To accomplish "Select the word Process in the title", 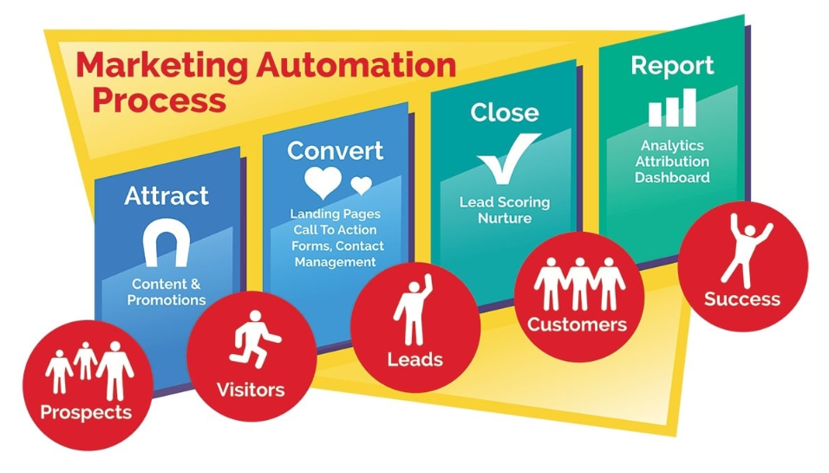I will point(159,100).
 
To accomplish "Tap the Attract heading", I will point(166,195).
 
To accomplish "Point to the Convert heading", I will point(335,150).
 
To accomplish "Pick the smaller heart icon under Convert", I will point(361,185).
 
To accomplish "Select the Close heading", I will point(504,112).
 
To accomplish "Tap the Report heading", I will point(672,66).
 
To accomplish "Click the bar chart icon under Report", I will point(672,108).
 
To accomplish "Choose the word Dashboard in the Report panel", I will point(672,177).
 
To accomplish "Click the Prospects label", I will point(86,411).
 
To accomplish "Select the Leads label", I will point(414,359).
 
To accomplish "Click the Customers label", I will point(577,325).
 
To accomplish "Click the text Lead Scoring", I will point(505,202).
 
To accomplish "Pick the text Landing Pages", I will point(335,214).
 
